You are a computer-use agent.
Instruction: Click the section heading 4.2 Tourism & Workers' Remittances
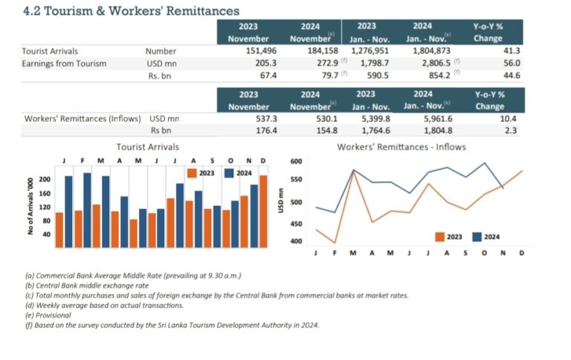121,11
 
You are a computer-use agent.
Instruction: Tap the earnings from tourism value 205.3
265,63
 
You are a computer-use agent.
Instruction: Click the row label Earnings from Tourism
64,63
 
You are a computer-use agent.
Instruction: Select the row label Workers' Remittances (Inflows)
84,118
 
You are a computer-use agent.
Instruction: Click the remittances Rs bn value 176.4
265,130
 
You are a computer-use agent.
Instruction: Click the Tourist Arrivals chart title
147,147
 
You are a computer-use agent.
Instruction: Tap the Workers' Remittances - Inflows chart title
401,147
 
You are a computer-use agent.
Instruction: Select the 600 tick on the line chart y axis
295,161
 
